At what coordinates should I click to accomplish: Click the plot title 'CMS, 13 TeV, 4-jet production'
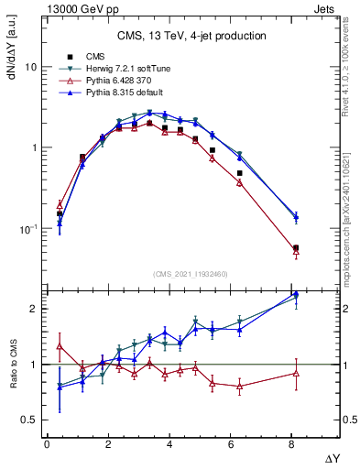191,37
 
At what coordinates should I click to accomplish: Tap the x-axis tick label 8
291,444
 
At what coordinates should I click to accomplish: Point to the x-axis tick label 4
169,444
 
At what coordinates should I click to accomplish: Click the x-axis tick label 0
47,444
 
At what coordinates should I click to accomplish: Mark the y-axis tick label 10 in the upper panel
30,68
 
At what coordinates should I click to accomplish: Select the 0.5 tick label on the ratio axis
27,420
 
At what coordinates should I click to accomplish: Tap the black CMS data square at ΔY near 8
295,248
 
